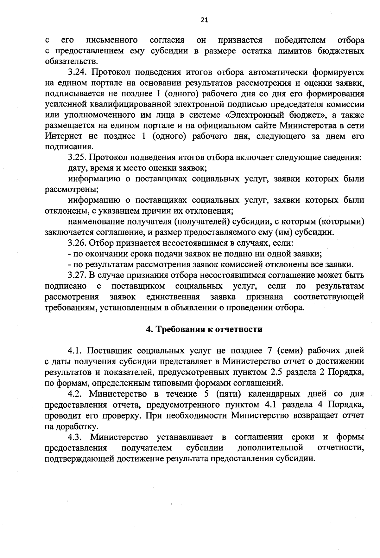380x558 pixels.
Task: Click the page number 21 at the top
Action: point(204,20)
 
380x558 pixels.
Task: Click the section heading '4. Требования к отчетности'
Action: point(204,329)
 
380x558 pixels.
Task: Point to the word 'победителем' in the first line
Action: point(300,40)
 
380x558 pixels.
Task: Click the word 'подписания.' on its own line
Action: point(69,147)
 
